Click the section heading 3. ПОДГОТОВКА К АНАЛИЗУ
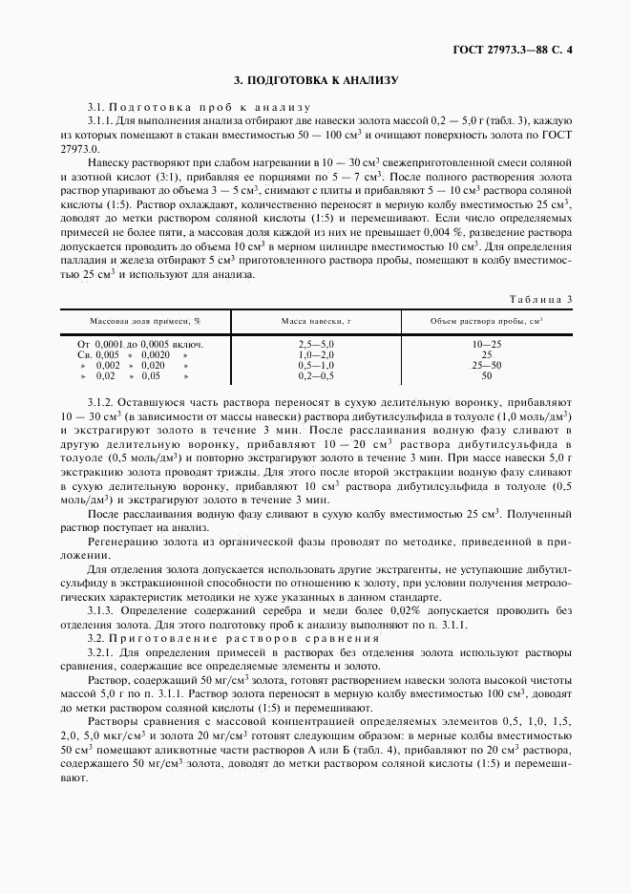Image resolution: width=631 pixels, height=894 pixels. pyautogui.click(x=316, y=81)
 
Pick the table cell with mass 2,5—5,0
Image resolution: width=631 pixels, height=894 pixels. pyautogui.click(x=316, y=343)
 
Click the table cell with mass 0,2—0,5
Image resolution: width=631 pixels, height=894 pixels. pyautogui.click(x=316, y=375)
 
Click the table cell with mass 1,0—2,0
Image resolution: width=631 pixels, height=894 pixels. pyautogui.click(x=316, y=353)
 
